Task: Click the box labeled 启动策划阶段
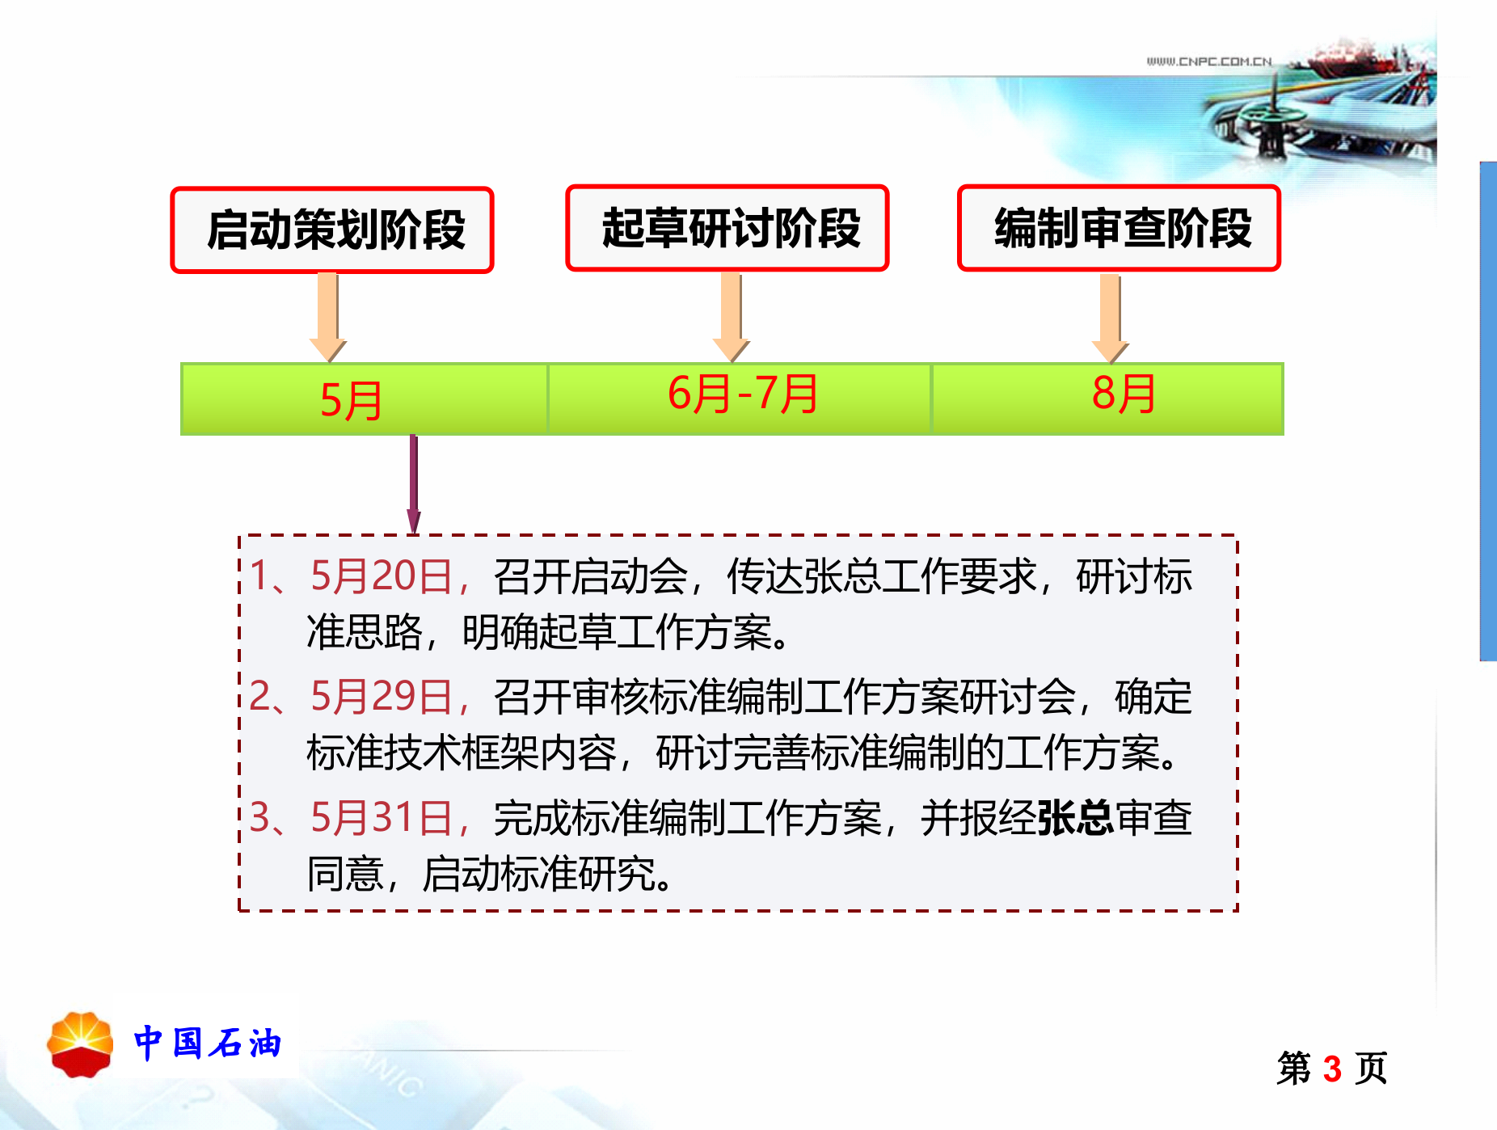coord(332,230)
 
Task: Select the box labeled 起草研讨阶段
coord(727,228)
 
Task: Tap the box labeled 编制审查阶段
coord(1120,228)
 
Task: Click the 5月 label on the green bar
coord(351,400)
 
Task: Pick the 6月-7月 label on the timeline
coord(742,394)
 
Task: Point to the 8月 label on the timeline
coord(1123,394)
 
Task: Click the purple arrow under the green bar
coord(414,483)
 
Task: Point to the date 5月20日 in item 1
coord(382,576)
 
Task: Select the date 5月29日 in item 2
coord(382,697)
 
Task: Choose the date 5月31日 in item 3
coord(382,817)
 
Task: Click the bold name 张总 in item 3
coord(1075,817)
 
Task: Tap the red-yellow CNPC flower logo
coord(80,1044)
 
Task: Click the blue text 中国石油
coord(208,1044)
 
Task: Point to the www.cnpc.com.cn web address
coord(1208,61)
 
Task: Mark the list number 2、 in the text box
coord(267,697)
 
